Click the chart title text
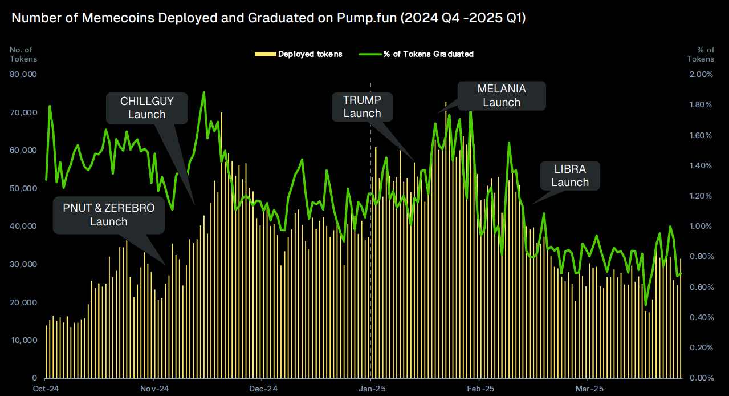tap(268, 18)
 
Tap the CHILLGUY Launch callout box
tap(147, 108)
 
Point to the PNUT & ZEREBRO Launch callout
tap(109, 215)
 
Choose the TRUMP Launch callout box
tap(362, 107)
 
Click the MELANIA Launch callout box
tap(502, 96)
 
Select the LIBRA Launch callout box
tap(569, 176)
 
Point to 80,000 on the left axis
tap(23, 74)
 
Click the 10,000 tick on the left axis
tap(23, 340)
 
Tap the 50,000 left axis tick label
tap(23, 188)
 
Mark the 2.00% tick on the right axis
tap(702, 74)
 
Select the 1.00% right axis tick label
tap(702, 226)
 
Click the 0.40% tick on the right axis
tap(702, 317)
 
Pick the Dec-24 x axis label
tap(263, 389)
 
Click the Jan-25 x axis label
tap(372, 389)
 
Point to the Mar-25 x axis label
tap(589, 389)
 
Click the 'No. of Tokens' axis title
tap(23, 54)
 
